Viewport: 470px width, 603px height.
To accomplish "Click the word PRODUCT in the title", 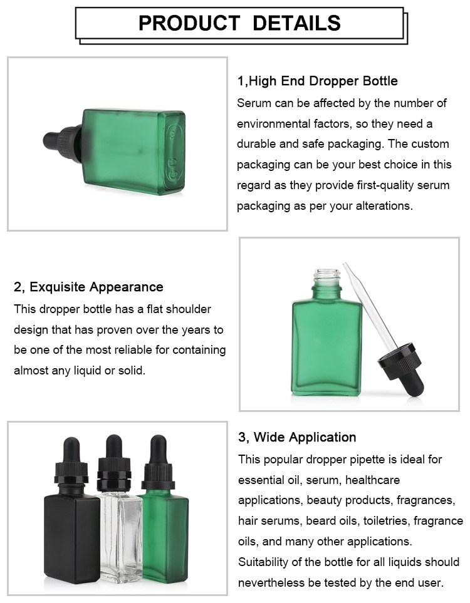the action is tap(189, 23).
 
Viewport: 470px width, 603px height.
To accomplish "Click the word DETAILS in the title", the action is tap(297, 23).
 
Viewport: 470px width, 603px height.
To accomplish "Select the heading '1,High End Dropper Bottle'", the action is tap(318, 81).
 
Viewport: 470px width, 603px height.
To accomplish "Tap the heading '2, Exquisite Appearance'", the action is tap(88, 287).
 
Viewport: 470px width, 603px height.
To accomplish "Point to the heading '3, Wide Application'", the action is tap(297, 437).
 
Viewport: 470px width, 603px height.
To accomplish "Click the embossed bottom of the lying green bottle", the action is tap(175, 152).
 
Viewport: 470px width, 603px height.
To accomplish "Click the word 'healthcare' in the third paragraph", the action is tap(373, 480).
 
